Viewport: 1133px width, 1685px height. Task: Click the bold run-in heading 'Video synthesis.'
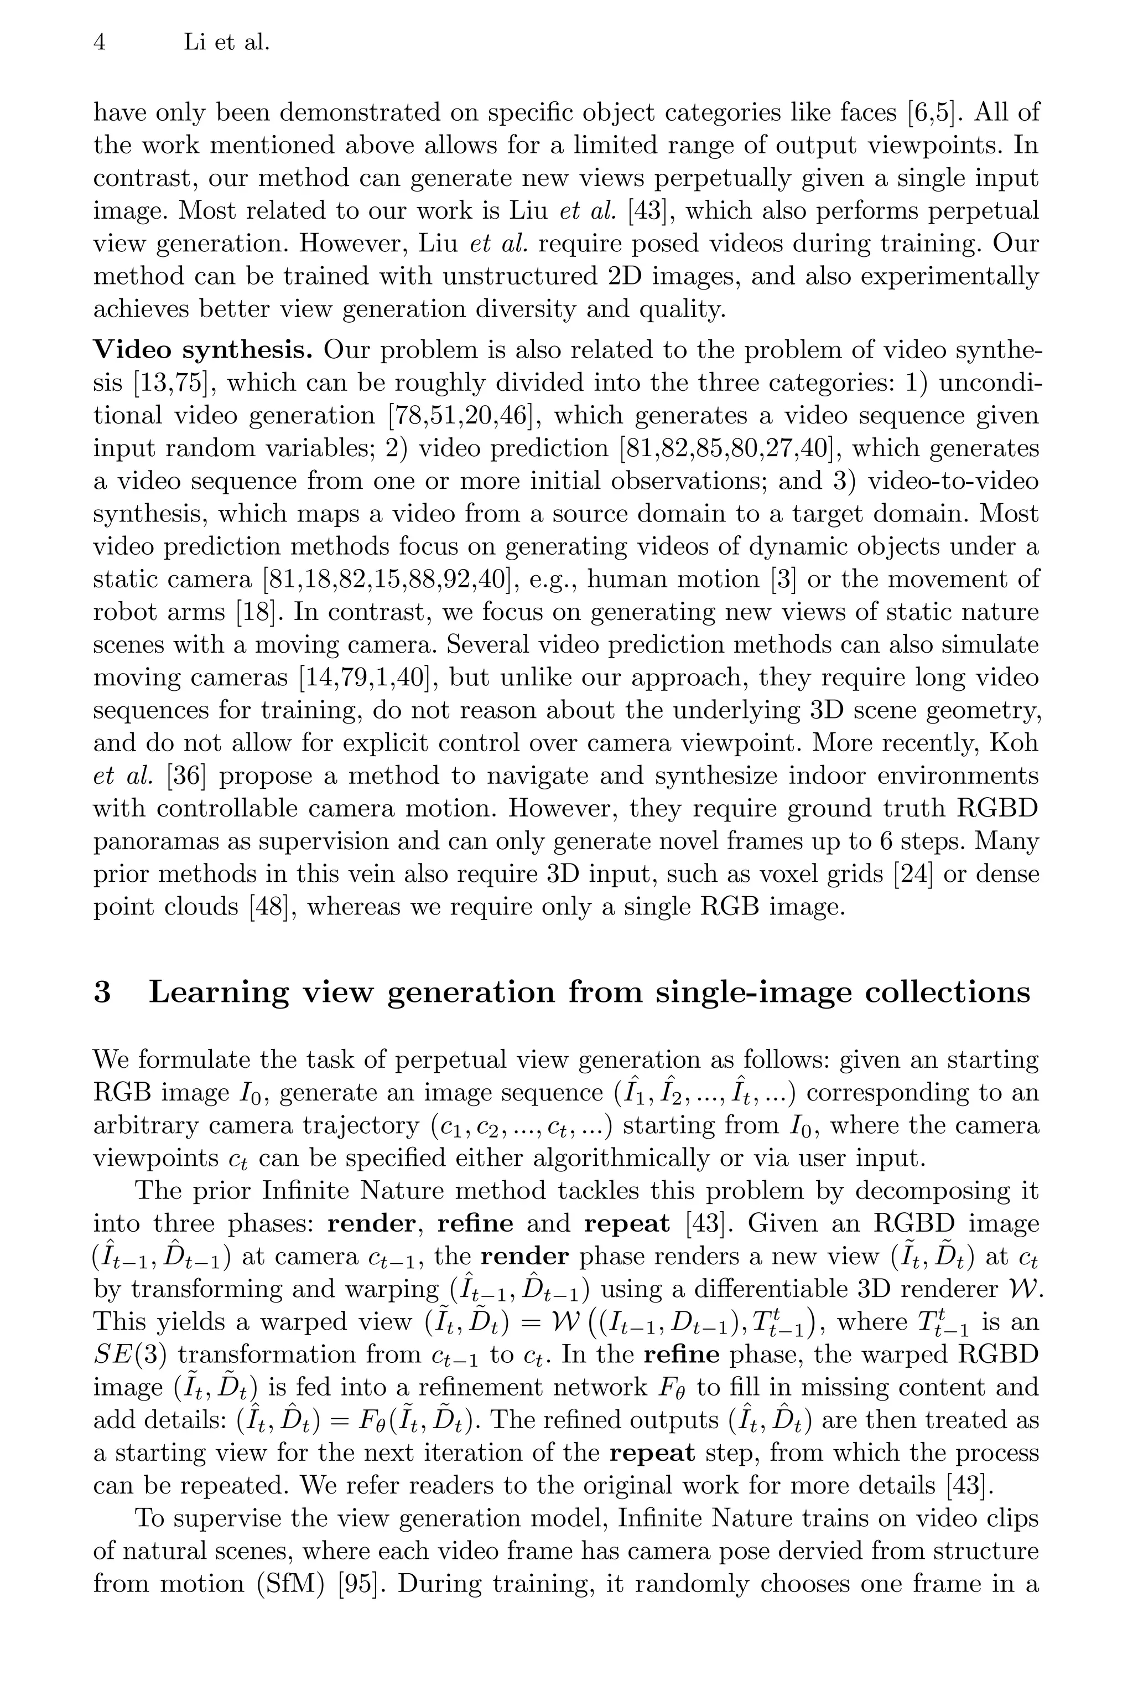[x=203, y=350]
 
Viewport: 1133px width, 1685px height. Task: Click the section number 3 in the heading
[x=102, y=993]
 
